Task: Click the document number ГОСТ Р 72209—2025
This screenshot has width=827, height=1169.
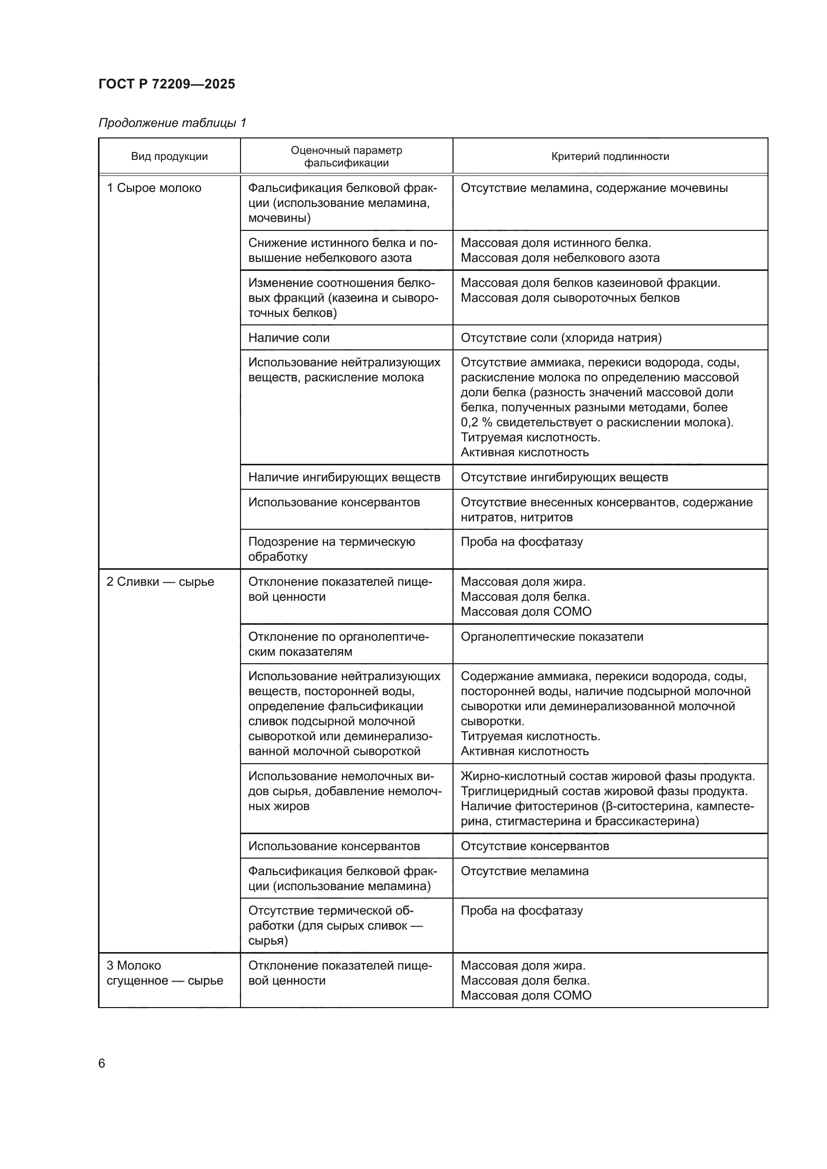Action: coord(166,84)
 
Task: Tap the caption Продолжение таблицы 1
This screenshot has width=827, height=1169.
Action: coord(172,123)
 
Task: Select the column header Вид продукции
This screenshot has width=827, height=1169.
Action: coord(169,156)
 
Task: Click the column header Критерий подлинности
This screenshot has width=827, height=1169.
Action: coord(609,156)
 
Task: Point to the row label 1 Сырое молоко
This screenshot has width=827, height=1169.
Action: coord(154,188)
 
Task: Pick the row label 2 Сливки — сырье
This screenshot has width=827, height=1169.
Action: coord(160,581)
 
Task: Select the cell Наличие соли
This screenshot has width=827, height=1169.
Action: coord(288,337)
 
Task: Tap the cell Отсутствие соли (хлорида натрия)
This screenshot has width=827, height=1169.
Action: coord(560,337)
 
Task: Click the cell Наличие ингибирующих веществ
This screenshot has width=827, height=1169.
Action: coord(343,477)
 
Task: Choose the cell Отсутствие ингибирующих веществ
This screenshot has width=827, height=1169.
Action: coord(563,477)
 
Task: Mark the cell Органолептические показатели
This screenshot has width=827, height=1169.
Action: coord(551,636)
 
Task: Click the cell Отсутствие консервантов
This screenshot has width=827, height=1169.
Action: coord(534,846)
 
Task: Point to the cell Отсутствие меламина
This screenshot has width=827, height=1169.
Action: coord(524,871)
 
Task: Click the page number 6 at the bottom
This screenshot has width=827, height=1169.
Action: coord(102,1064)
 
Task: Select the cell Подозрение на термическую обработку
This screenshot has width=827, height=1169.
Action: coord(331,549)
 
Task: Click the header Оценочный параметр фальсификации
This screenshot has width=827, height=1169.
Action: coord(346,156)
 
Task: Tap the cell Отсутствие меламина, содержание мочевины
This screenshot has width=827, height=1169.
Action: coord(594,188)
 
